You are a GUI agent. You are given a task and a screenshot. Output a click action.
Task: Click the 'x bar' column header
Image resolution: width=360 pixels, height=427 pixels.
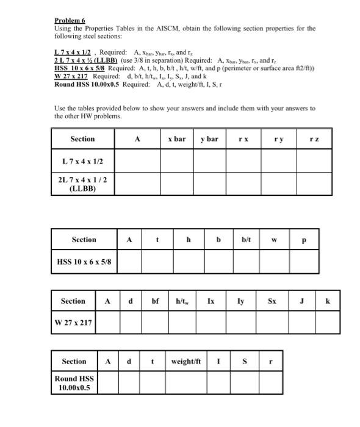pos(176,139)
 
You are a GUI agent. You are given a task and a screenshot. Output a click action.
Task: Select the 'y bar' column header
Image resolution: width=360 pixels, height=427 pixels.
pos(209,139)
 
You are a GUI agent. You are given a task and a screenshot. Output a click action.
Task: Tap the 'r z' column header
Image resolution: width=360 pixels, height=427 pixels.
pos(314,139)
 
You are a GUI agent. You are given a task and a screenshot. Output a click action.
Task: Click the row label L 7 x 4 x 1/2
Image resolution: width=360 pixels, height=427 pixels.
pos(83,161)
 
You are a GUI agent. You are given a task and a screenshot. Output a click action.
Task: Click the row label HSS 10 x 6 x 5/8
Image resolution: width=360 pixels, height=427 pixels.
pos(84,262)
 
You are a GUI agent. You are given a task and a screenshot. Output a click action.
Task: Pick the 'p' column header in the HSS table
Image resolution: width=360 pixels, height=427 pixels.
pos(303,240)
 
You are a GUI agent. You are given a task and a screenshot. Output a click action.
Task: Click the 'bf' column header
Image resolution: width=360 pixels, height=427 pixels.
pos(155,301)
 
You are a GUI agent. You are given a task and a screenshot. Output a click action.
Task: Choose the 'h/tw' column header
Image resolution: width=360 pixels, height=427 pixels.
pos(182,301)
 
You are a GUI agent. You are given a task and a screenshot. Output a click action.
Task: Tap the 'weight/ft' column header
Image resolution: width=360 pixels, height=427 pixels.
pos(186,362)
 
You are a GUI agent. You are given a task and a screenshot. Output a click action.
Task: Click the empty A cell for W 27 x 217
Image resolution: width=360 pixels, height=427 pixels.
pos(107,323)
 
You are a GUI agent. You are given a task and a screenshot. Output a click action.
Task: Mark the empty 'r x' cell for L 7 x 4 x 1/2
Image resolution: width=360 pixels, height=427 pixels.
pos(243,161)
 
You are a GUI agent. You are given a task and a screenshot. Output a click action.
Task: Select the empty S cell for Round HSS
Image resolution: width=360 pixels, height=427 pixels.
pos(244,383)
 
